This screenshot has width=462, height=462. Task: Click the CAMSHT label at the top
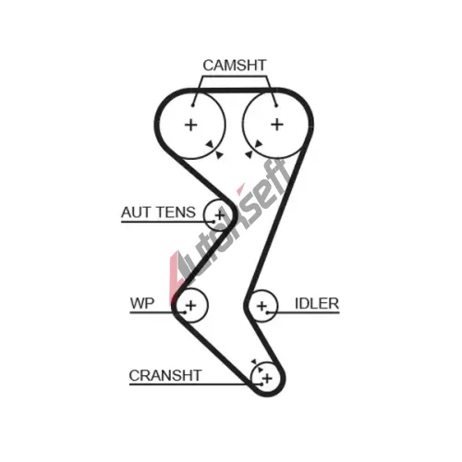click(x=234, y=66)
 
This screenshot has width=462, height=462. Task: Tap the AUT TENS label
click(x=158, y=213)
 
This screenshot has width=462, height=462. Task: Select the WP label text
click(x=142, y=303)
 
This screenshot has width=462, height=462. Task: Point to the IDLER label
click(x=317, y=303)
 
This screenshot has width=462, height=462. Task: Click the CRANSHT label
click(x=165, y=375)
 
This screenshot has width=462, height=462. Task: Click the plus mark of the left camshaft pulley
click(x=191, y=125)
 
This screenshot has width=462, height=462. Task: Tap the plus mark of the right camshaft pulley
click(x=277, y=125)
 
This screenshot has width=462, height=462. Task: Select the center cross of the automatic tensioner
click(x=220, y=214)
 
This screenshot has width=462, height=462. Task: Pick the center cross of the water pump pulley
click(x=191, y=305)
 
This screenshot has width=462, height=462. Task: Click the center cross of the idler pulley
click(x=261, y=306)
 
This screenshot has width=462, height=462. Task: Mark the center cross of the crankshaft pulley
click(x=268, y=378)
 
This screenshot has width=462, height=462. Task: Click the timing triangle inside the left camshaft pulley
click(x=210, y=144)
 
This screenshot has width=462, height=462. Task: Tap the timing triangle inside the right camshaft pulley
click(x=258, y=144)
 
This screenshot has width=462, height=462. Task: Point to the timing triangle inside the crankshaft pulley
click(x=261, y=369)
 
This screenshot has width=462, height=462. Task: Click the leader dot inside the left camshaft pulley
click(x=193, y=105)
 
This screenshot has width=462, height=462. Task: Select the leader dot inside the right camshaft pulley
click(x=276, y=105)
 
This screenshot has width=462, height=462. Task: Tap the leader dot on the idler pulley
click(x=267, y=312)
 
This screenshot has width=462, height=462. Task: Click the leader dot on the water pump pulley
click(x=185, y=312)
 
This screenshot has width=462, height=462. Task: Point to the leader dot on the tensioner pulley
click(x=213, y=222)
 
